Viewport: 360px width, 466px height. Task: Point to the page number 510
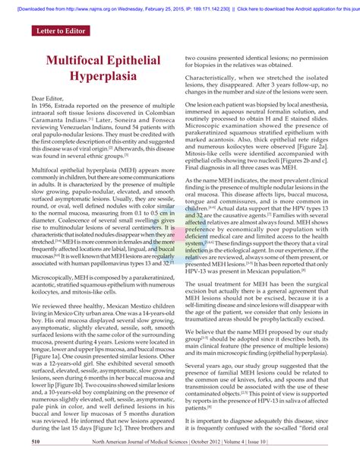pyautogui.click(x=14, y=460)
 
